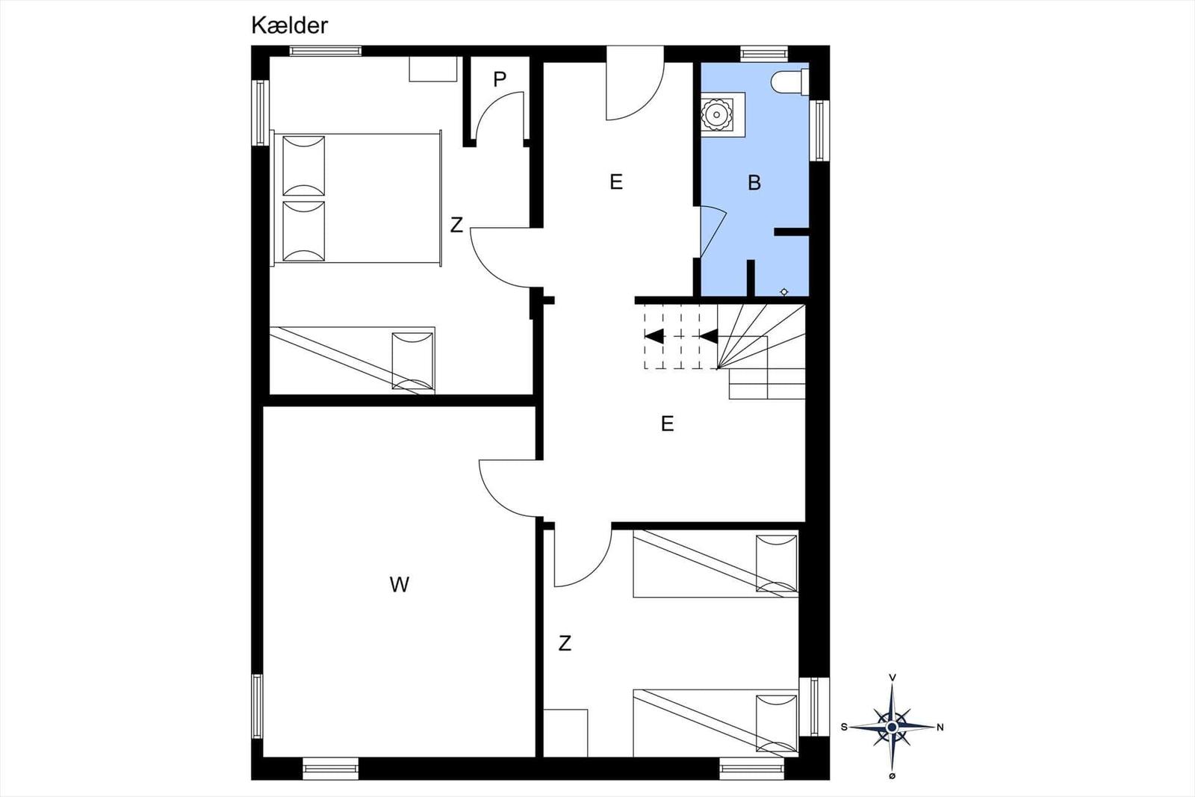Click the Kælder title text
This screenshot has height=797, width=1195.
pos(289,25)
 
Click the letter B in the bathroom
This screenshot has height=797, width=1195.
pos(754,183)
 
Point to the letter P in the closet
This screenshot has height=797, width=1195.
pos(500,79)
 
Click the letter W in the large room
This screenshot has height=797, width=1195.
pos(399,585)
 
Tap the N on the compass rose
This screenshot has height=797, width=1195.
pos(940,727)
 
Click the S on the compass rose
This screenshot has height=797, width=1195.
pos(844,727)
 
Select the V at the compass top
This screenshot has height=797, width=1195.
pos(892,677)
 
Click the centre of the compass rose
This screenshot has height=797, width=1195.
pos(892,727)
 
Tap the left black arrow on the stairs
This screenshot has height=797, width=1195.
pos(654,337)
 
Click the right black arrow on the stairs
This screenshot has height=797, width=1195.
pos(709,337)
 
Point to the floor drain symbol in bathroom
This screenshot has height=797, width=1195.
pos(783,292)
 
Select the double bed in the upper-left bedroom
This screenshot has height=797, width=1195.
pos(356,198)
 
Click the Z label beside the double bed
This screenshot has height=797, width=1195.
pos(456,225)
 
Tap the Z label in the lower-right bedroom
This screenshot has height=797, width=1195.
pos(565,643)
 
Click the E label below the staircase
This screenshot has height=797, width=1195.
pos(667,424)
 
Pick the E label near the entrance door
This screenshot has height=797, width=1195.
pos(616,182)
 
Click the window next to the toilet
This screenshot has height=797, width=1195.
pos(819,130)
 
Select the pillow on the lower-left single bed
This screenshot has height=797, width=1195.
pos(412,361)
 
